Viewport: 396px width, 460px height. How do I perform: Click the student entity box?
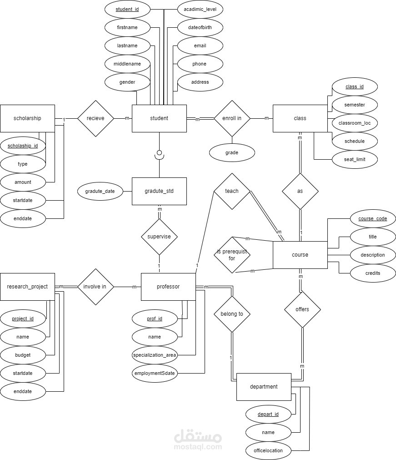[159, 118]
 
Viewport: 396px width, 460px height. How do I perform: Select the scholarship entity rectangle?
[27, 118]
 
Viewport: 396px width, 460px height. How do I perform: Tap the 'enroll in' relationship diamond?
[232, 118]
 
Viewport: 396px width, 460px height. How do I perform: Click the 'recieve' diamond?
[95, 118]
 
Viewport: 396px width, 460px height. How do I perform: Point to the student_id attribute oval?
[127, 9]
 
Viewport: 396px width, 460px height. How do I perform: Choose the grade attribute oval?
[232, 152]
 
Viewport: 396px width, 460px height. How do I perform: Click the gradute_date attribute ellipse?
[100, 191]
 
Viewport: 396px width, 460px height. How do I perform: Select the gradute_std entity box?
[159, 191]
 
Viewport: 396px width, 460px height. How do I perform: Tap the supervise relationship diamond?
[159, 237]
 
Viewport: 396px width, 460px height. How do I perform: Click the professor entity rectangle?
[168, 287]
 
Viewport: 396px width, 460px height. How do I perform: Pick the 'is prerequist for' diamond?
[232, 255]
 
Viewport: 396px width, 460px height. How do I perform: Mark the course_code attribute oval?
[373, 218]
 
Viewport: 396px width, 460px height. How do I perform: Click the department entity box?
[264, 387]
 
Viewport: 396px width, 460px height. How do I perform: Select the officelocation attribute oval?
[268, 450]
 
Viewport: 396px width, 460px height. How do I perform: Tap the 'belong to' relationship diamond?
[232, 313]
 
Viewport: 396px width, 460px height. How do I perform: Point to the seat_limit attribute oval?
[355, 159]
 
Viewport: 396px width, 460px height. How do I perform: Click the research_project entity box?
[27, 287]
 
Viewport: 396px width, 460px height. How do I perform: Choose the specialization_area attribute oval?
[155, 355]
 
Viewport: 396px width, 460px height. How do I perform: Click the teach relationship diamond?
[232, 191]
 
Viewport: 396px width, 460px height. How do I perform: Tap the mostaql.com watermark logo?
[198, 439]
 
